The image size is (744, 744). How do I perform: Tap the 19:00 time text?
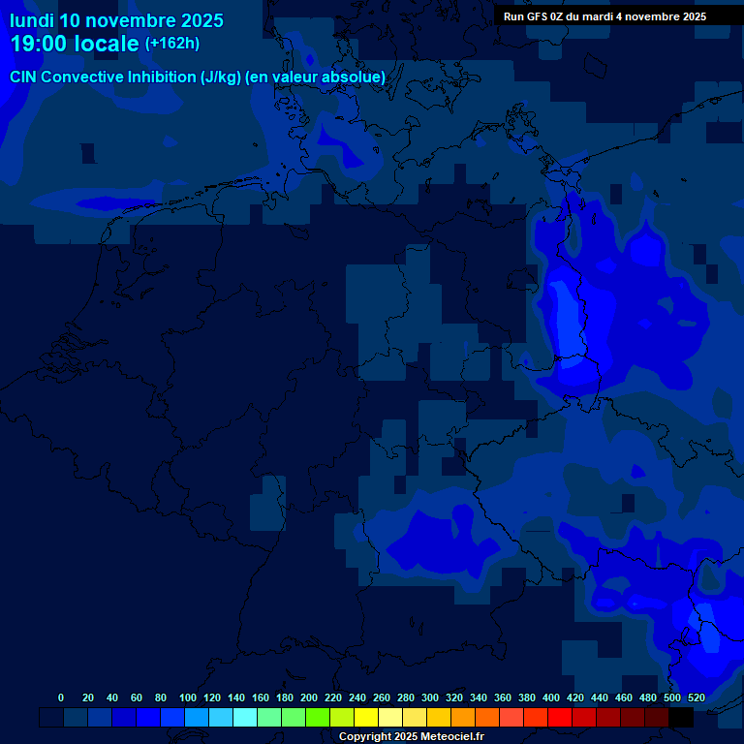tap(38, 44)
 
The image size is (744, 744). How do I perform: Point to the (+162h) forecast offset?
tap(171, 44)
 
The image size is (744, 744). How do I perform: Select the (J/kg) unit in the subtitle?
tap(221, 77)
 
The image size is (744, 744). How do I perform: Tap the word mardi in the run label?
tap(598, 16)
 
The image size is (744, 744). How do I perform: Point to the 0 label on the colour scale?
tap(61, 697)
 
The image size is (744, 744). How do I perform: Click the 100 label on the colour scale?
tap(188, 697)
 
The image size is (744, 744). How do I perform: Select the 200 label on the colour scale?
tap(309, 697)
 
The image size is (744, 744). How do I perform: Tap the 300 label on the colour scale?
tap(430, 697)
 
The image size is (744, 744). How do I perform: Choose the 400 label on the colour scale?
tap(551, 697)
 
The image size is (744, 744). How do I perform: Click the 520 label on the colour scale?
tap(696, 697)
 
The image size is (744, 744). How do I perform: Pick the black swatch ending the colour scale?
tap(681, 718)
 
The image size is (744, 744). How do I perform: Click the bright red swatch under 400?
tap(560, 718)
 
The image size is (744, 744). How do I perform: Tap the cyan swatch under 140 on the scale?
tap(245, 718)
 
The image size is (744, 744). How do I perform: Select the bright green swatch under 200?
tap(318, 718)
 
